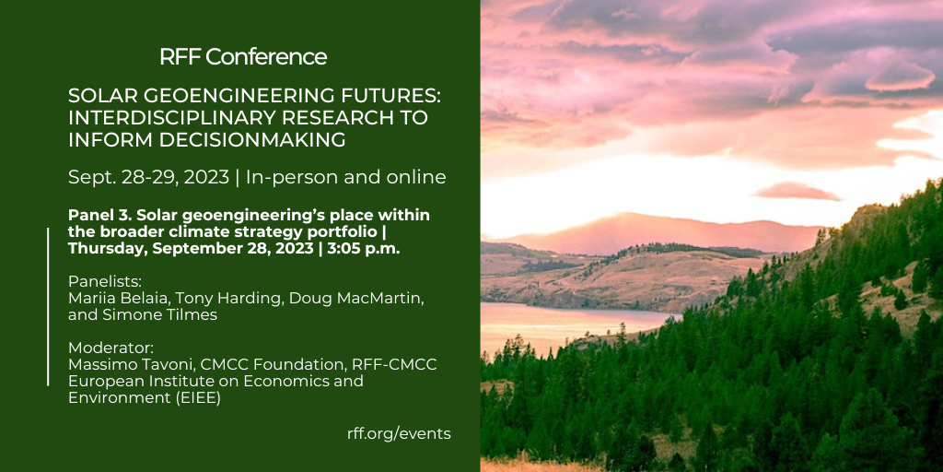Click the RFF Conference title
pos(243,56)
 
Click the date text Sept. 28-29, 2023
pos(148,177)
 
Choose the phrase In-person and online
pos(346,178)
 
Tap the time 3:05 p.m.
pos(363,249)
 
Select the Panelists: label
pos(100,281)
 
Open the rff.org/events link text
pos(399,433)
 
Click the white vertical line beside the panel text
pos(48,306)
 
